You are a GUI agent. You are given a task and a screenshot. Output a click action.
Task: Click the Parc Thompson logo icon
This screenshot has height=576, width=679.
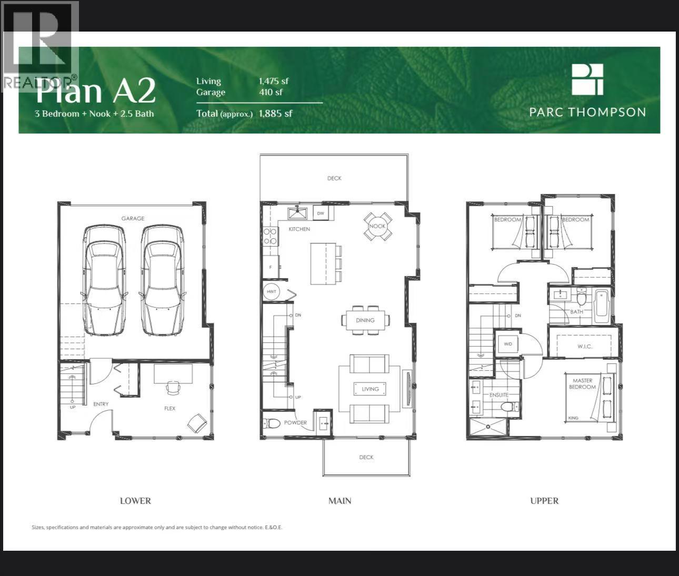coord(587,79)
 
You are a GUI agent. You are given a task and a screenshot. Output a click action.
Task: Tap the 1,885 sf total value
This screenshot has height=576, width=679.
coord(275,113)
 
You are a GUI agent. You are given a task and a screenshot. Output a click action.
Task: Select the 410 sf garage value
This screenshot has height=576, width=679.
coord(271,92)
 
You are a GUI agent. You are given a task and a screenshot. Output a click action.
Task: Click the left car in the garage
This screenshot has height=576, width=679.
coord(104,280)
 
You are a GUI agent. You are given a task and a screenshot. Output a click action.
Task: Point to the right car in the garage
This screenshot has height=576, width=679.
coord(162,280)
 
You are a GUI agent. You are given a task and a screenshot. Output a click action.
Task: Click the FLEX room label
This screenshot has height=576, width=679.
coord(169,408)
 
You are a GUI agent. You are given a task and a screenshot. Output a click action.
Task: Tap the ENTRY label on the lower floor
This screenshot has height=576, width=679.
coord(101,404)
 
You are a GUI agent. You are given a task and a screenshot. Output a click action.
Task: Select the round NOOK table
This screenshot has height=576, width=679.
coord(377,226)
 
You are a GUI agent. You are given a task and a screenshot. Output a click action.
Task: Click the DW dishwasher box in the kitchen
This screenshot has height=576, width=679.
coord(321,213)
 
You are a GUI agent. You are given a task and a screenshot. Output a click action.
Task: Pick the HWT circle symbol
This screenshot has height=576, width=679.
coord(272,291)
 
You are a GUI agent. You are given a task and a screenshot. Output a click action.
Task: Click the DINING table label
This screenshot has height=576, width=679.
coord(365,320)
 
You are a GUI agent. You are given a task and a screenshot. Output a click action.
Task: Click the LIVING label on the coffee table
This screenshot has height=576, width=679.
coord(370,389)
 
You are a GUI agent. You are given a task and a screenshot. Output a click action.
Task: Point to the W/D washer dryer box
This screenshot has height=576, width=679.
coord(508,344)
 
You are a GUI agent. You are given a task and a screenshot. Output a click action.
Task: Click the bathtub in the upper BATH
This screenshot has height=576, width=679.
coord(601,306)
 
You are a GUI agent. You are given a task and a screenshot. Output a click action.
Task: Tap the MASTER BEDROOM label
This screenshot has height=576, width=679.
coord(583,383)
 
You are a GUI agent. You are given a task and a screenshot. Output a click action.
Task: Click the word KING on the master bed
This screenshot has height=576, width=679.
coord(573,418)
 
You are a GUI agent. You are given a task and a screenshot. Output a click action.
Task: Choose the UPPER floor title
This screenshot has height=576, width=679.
coord(544,501)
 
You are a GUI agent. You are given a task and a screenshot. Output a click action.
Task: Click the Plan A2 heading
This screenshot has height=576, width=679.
coord(95,91)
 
